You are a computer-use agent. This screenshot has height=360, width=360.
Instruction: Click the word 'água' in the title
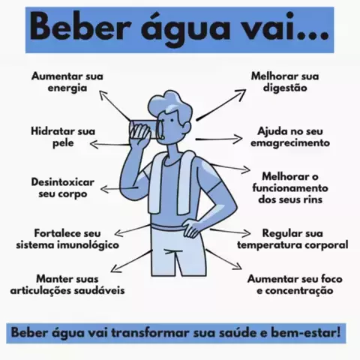tap(185, 28)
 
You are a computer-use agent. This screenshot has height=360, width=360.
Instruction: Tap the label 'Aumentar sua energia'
tap(67, 82)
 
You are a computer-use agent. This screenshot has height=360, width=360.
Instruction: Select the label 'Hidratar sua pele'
tap(63, 137)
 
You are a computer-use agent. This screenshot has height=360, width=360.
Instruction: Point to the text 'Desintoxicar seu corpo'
tap(63, 188)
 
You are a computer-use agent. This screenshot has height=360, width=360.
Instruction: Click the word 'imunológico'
tap(88, 245)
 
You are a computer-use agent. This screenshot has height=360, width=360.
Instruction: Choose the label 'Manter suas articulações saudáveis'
tap(67, 285)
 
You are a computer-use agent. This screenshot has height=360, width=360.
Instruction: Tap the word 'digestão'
tap(285, 88)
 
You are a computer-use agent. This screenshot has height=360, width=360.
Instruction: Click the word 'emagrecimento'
tap(290, 143)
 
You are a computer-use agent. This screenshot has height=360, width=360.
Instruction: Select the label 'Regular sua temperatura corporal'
tap(292, 239)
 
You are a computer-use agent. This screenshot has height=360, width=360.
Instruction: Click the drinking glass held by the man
tap(145, 130)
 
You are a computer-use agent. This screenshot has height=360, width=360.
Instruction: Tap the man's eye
tap(172, 120)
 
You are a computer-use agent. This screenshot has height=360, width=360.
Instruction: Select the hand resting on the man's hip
tap(192, 228)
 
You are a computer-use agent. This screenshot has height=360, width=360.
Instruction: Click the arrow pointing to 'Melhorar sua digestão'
tap(221, 105)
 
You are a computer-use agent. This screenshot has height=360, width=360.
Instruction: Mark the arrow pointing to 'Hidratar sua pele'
tap(110, 145)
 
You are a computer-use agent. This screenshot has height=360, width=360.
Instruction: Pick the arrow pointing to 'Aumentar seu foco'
tap(224, 259)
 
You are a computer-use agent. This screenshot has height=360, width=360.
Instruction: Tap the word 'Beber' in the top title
tap(81, 27)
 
